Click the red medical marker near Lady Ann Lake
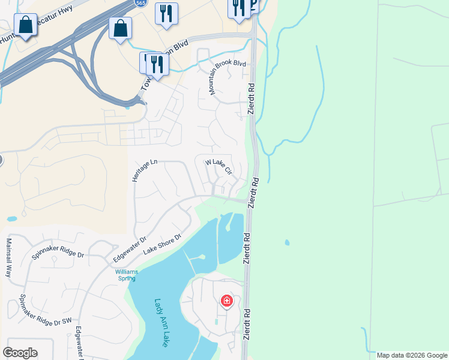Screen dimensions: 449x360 pyautogui.click(x=227, y=300)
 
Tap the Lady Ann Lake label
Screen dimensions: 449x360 pyautogui.click(x=161, y=323)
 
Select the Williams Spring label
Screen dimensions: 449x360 pyautogui.click(x=127, y=275)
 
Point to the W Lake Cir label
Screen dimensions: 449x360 pyautogui.click(x=218, y=166)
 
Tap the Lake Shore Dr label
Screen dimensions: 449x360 pyautogui.click(x=162, y=248)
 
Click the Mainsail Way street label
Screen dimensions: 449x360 pyautogui.click(x=9, y=257)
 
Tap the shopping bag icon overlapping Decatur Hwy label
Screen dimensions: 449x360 pyautogui.click(x=25, y=25)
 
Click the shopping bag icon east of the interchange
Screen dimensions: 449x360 pyautogui.click(x=120, y=28)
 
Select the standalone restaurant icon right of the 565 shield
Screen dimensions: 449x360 pyautogui.click(x=166, y=13)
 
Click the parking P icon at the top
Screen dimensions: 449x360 pyautogui.click(x=253, y=5)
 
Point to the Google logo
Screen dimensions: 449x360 pyautogui.click(x=20, y=353)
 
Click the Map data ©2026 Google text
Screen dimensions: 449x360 pyautogui.click(x=411, y=355)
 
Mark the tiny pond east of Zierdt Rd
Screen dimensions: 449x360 pyautogui.click(x=287, y=242)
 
